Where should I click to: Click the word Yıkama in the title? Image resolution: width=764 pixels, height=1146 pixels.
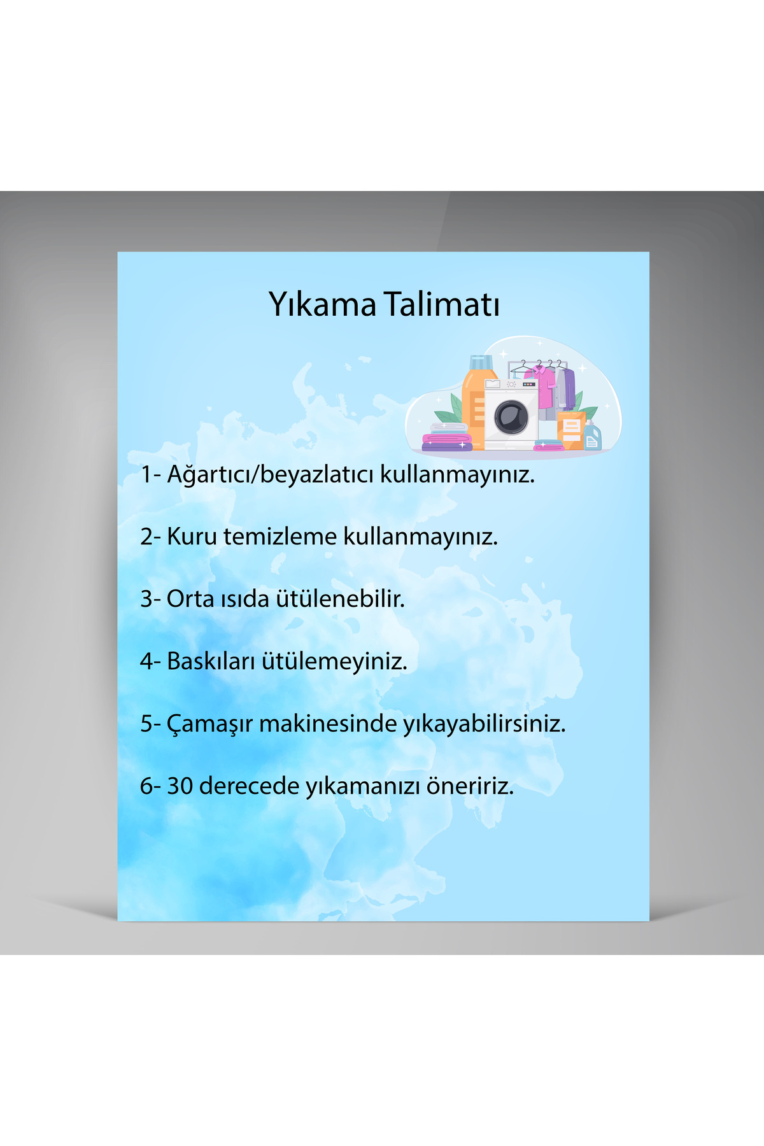[x=323, y=304]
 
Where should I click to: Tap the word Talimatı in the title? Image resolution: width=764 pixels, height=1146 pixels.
[x=441, y=304]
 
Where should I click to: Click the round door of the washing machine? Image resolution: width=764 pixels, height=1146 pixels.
[x=511, y=418]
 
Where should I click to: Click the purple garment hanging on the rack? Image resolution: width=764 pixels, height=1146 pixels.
[x=567, y=388]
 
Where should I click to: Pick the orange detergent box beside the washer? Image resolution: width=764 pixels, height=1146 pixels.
[x=571, y=430]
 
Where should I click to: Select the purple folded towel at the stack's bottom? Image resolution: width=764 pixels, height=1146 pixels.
[x=448, y=446]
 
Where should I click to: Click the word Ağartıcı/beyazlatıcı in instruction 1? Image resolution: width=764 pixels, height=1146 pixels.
[x=271, y=474]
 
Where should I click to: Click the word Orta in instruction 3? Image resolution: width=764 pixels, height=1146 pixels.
[x=190, y=599]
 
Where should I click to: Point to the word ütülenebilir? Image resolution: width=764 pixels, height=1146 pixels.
[x=341, y=598]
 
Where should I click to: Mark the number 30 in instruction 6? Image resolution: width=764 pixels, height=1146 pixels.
[x=180, y=786]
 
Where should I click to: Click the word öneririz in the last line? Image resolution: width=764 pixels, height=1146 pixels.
[x=469, y=786]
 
